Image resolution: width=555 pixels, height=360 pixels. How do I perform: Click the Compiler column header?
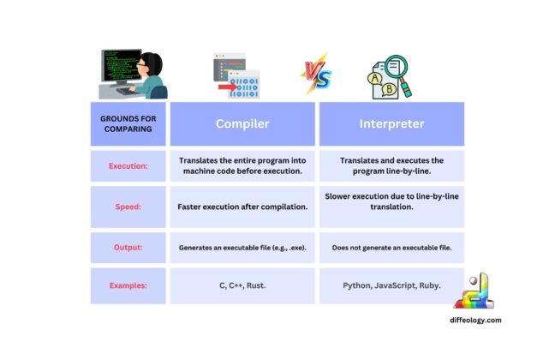242,123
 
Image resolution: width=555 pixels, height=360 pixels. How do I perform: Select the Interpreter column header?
391,123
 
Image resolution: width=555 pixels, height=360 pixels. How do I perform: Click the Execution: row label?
128,166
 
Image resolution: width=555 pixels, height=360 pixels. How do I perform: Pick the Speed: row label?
128,207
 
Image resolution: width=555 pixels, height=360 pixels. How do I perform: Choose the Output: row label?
128,247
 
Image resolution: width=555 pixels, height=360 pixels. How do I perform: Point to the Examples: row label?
128,285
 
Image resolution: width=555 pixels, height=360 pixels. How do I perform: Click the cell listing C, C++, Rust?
242,285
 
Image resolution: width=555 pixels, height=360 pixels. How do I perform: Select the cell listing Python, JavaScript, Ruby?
391,285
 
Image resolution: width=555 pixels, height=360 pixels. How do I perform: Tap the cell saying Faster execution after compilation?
242,207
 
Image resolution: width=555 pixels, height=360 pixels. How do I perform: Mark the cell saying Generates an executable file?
242,247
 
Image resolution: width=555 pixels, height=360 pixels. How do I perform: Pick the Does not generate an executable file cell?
391,247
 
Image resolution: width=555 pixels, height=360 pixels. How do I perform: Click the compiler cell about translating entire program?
242,166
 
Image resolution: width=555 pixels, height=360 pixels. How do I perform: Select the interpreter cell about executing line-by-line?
391,166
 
